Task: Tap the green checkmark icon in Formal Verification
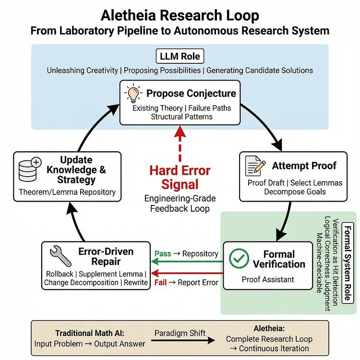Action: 239,258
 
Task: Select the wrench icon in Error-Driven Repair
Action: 60,256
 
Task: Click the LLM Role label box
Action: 180,56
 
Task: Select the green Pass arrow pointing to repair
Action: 187,262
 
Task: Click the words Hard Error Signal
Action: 180,178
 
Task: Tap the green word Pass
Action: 163,253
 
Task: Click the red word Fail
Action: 160,282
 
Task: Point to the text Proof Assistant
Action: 267,280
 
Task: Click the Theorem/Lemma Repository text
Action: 67,192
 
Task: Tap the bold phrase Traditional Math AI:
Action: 86,333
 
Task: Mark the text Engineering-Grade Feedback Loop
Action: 180,203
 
